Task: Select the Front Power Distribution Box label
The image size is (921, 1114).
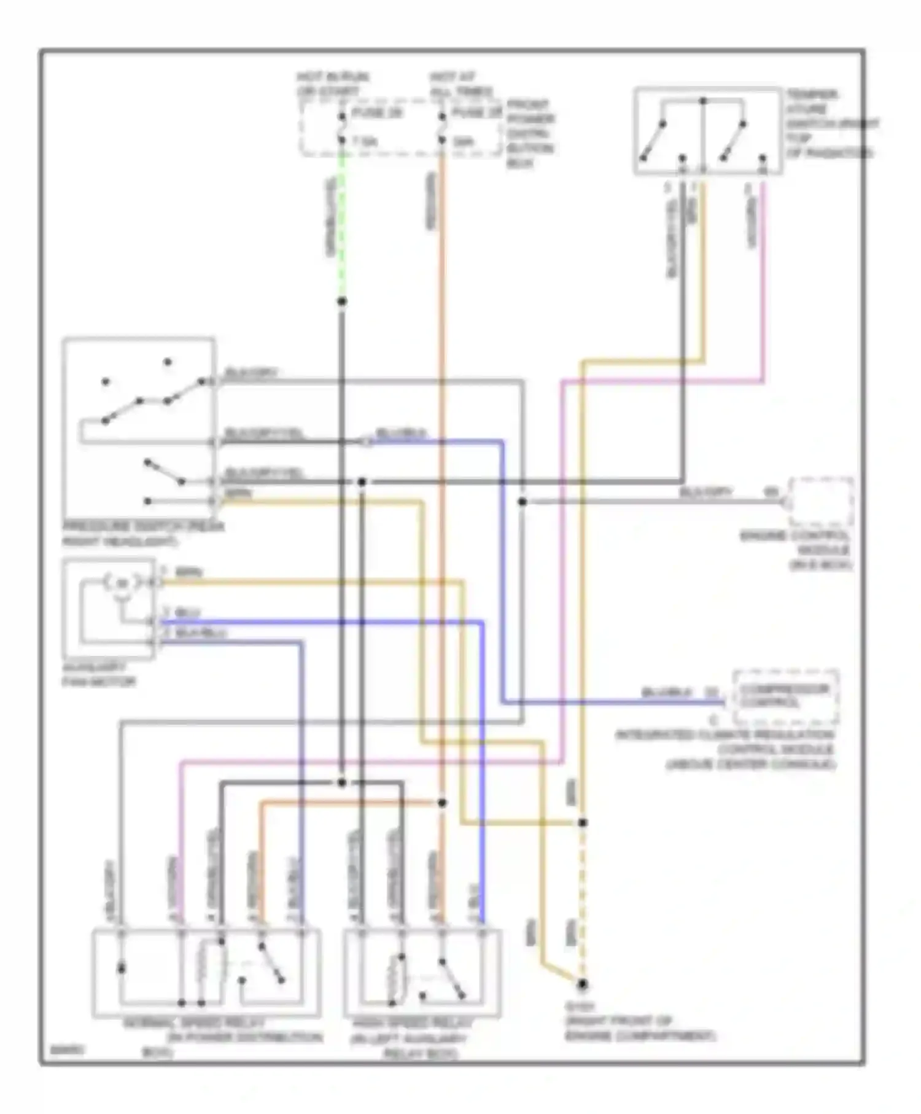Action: (x=530, y=133)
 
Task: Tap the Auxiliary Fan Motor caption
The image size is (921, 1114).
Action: (x=98, y=674)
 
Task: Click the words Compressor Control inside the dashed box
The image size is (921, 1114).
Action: (x=784, y=695)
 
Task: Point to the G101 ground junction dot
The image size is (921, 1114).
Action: (x=582, y=984)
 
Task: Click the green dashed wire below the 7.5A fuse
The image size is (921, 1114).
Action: (x=342, y=227)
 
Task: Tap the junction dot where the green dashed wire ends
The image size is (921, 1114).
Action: (x=342, y=302)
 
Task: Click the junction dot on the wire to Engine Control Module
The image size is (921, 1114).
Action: (x=522, y=502)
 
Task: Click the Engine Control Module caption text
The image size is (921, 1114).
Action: (x=798, y=550)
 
